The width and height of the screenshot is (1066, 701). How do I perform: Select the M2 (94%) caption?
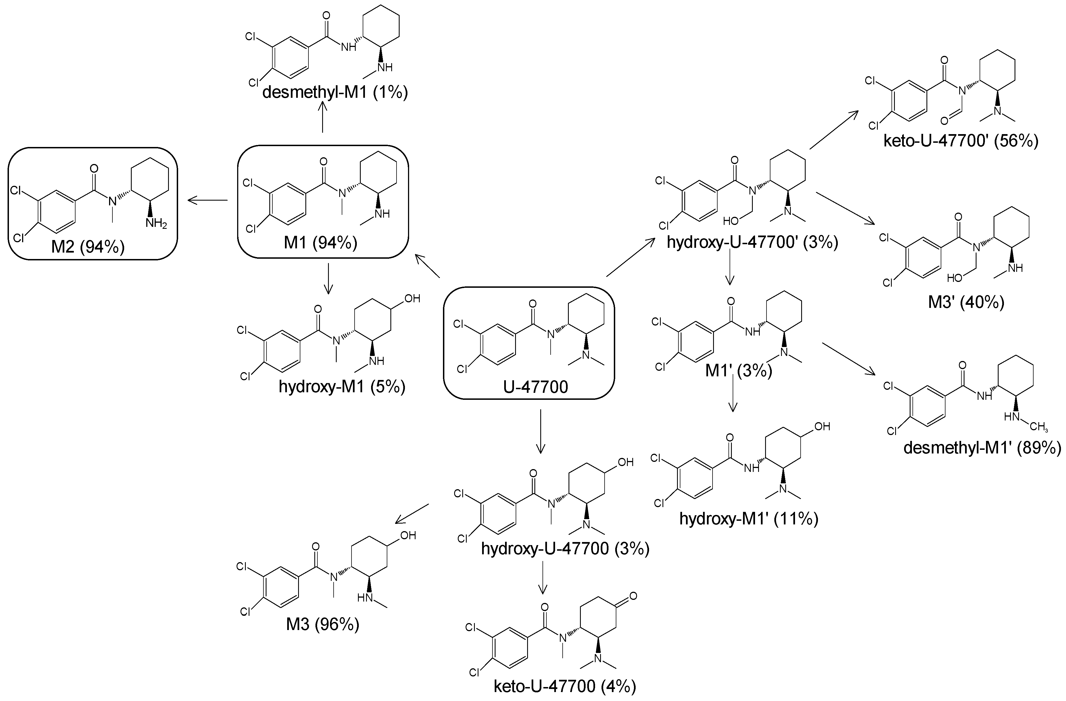(88, 247)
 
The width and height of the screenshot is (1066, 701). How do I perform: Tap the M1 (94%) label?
(321, 243)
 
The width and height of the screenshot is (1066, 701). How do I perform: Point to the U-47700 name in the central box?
(536, 387)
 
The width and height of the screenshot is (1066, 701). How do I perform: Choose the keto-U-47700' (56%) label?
(961, 141)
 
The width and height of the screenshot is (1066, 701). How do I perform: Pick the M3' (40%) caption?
(966, 303)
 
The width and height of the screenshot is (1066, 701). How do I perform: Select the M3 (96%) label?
(322, 624)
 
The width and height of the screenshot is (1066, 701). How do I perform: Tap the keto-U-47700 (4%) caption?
(565, 686)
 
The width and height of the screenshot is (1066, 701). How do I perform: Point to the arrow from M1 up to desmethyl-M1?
(322, 117)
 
